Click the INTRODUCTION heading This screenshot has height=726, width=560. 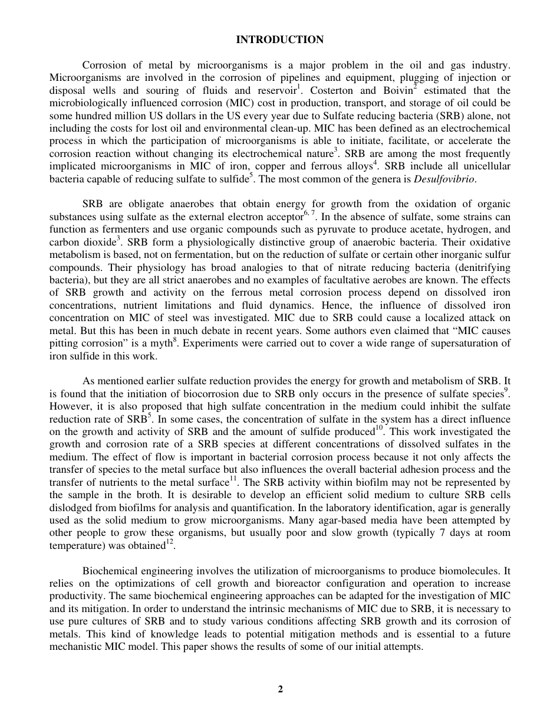pos(279,40)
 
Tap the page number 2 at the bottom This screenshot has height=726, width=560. pos(280,689)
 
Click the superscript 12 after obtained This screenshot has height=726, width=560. pos(169,543)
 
